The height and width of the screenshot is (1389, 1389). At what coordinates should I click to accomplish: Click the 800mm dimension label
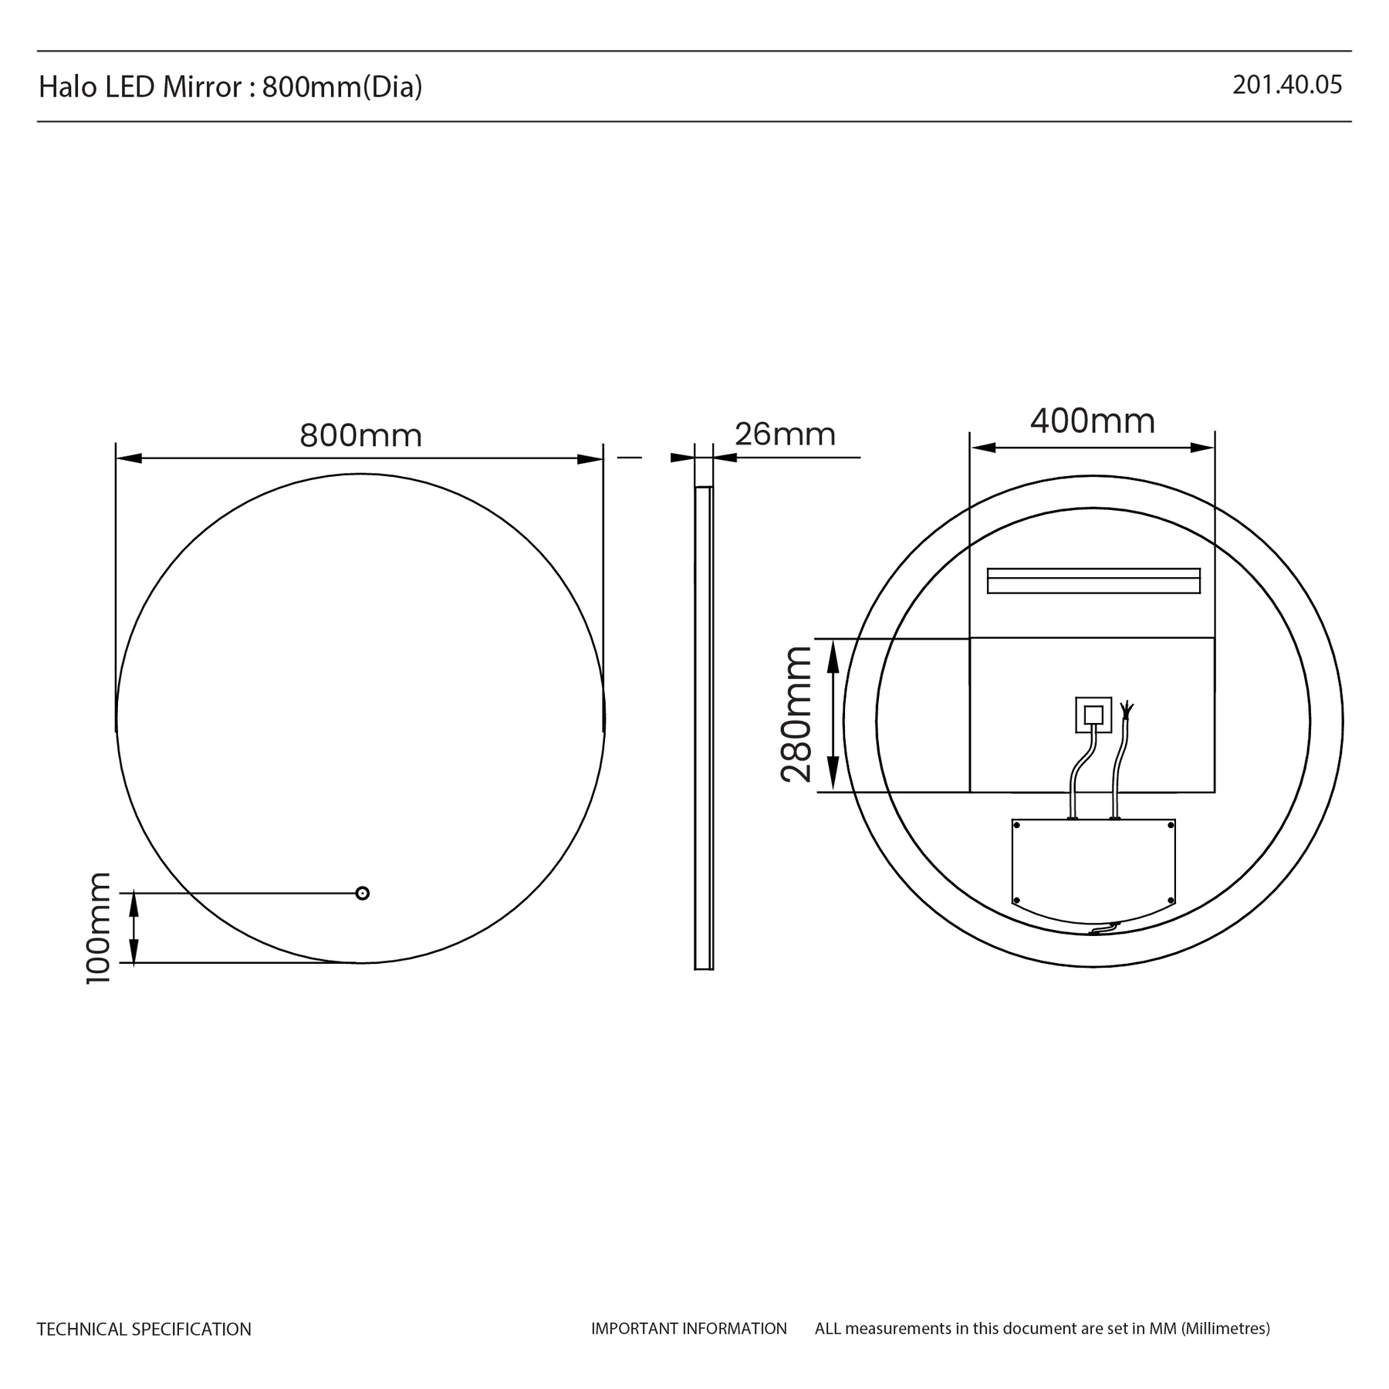(x=361, y=436)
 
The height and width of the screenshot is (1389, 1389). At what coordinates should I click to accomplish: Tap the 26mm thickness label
(x=785, y=434)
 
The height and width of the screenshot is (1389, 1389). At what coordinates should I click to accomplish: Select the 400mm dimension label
(x=1093, y=421)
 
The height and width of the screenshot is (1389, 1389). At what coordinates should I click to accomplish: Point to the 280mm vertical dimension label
(x=796, y=715)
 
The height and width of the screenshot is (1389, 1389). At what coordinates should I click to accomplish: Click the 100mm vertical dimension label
(x=99, y=928)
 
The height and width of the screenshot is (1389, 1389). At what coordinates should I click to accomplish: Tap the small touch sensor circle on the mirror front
(x=362, y=893)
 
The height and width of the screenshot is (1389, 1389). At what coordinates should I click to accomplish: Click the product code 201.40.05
(x=1287, y=85)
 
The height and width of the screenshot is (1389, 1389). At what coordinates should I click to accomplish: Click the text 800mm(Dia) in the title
(x=343, y=87)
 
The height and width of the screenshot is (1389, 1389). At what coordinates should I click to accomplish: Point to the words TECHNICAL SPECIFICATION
(x=144, y=1329)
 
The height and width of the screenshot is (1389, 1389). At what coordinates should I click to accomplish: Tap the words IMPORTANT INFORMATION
(x=689, y=1328)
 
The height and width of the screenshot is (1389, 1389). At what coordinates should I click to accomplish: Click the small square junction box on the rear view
(x=1093, y=715)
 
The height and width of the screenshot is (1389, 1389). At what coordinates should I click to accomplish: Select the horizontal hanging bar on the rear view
(x=1093, y=581)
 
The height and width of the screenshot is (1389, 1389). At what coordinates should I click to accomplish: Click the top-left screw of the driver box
(x=1016, y=826)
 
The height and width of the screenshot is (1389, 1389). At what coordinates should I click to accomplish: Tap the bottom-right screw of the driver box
(x=1171, y=900)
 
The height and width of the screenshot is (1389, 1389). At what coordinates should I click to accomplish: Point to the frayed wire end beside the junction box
(x=1127, y=708)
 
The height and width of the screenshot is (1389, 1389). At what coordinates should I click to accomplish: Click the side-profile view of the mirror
(x=704, y=728)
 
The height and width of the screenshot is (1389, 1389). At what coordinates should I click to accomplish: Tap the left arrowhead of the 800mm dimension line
(x=129, y=458)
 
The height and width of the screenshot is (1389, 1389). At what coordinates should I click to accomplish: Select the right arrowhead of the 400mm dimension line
(x=1202, y=448)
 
